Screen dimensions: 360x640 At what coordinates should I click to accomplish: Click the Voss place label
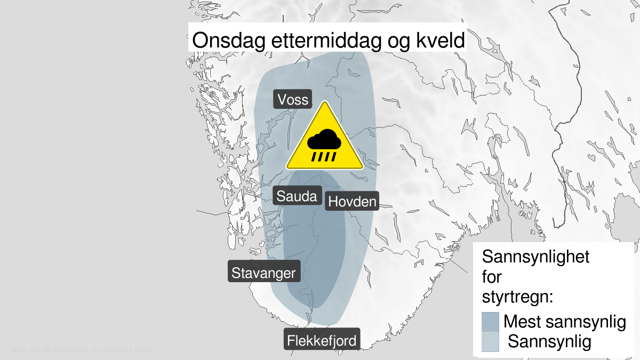coord(292,100)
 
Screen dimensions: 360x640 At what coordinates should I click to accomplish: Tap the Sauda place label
coord(297,196)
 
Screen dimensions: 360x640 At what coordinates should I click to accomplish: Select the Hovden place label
coord(352,202)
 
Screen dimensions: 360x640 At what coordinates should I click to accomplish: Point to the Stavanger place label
coord(263,273)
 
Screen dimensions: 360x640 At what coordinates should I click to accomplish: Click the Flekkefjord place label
coord(322,340)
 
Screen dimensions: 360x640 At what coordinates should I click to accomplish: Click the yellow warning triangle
coord(324,140)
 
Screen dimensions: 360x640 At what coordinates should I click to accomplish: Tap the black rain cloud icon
coord(324,140)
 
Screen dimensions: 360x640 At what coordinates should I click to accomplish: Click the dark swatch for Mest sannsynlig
coord(490,322)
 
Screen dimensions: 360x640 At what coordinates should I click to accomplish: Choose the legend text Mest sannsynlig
coord(564,322)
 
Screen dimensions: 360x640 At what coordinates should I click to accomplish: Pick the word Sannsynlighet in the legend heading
coord(535,257)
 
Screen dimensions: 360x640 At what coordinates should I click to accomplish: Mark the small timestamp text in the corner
coord(82,350)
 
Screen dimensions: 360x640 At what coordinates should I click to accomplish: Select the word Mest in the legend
coord(523,322)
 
